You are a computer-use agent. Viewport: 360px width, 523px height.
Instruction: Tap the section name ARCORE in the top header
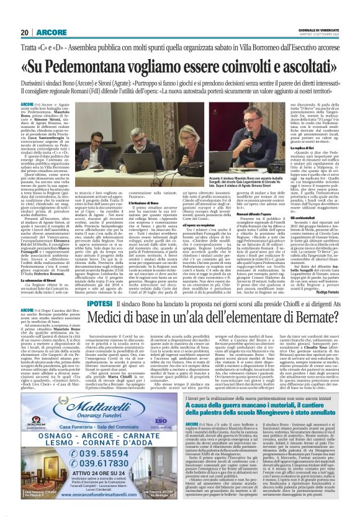coord(50,33)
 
